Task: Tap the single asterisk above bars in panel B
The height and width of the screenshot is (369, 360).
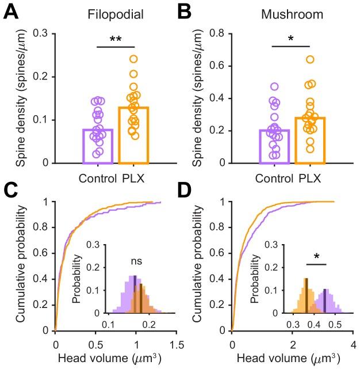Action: (292, 39)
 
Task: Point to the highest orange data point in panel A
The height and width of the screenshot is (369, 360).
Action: (133, 59)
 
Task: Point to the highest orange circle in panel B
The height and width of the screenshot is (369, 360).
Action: (310, 59)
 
